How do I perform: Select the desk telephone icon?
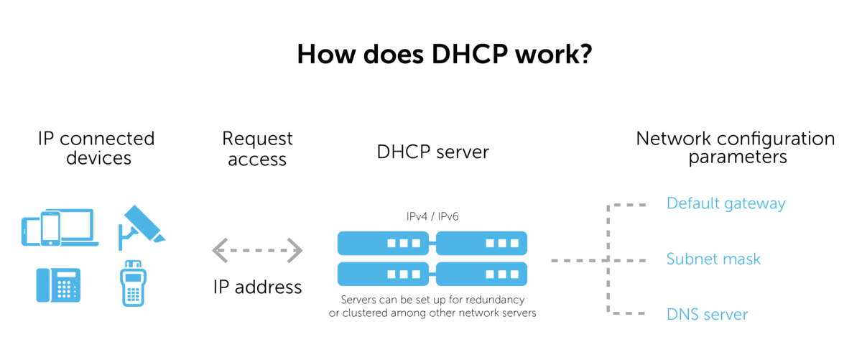[x=58, y=285]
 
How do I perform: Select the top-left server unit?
[x=383, y=244]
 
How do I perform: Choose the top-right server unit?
[x=481, y=244]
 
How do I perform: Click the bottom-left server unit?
[x=383, y=274]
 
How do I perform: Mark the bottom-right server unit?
[x=481, y=274]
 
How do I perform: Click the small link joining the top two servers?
[x=432, y=244]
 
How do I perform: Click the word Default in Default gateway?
[x=692, y=203]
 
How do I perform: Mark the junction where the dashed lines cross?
[x=609, y=260]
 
